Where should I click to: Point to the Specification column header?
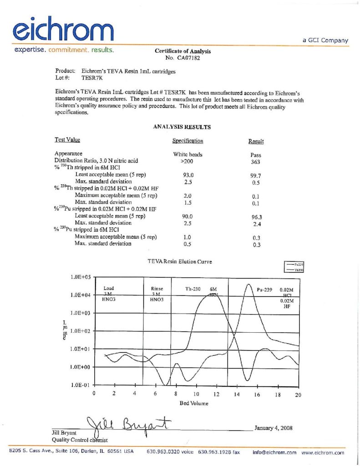(188, 141)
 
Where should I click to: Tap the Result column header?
(255, 142)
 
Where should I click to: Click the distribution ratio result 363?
(255, 162)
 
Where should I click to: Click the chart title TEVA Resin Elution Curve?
(180, 262)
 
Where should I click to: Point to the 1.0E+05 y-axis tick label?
(81, 277)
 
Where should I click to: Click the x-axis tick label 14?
(237, 395)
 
